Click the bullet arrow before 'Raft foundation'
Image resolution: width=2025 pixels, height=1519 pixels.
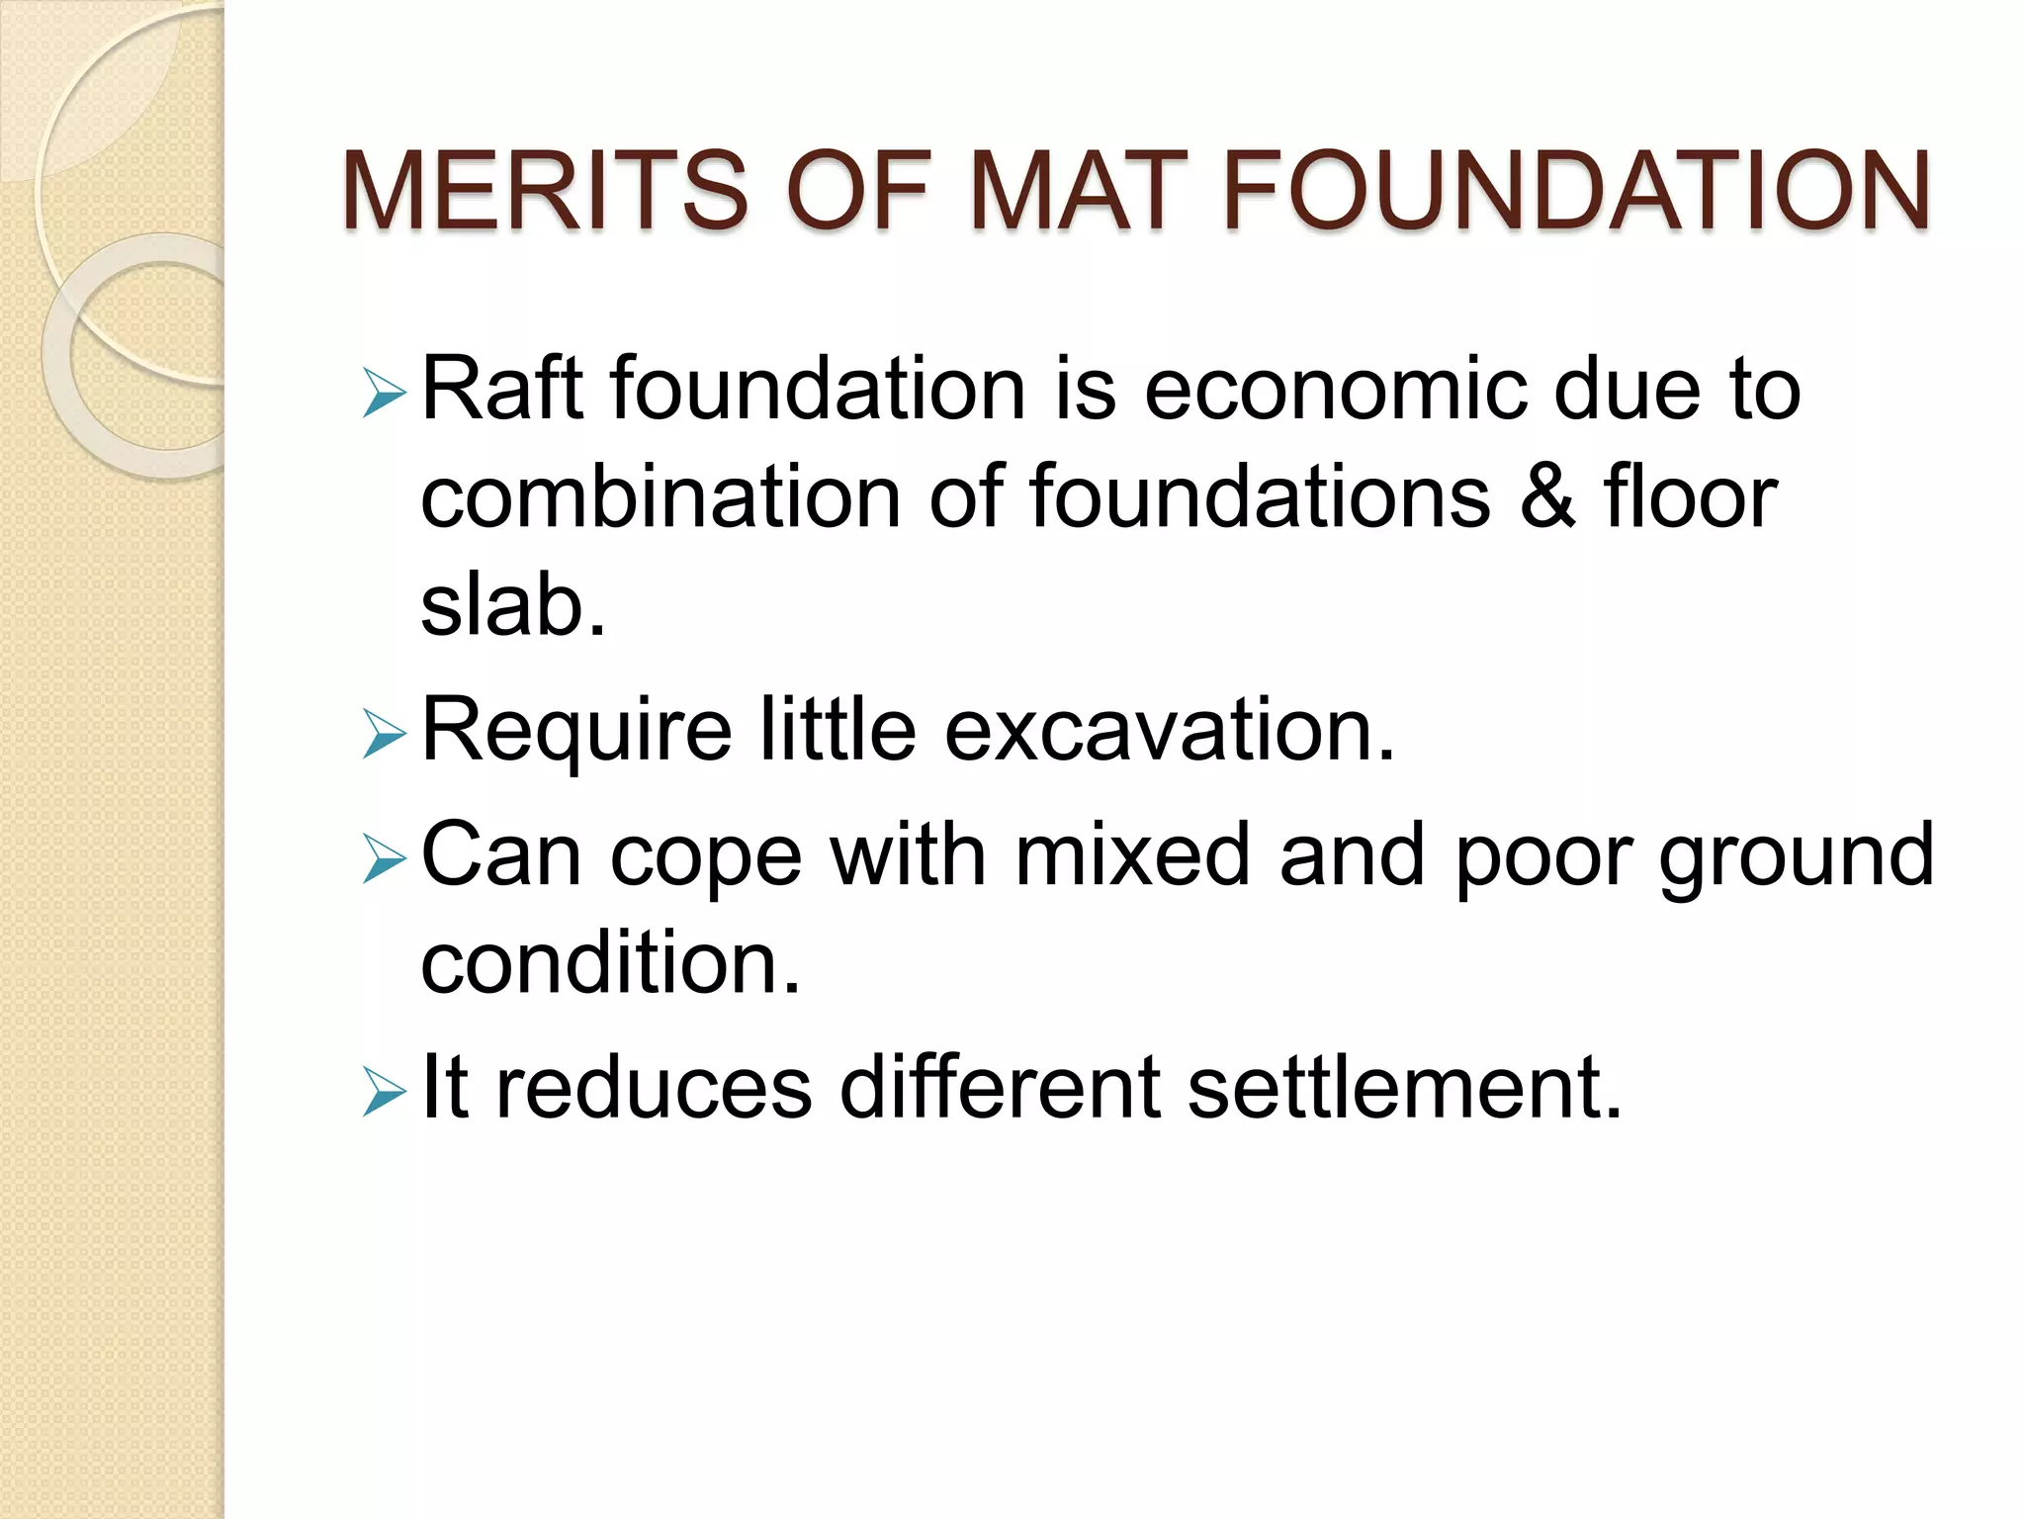(x=384, y=393)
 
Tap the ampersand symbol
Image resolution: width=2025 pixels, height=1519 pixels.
(x=1547, y=496)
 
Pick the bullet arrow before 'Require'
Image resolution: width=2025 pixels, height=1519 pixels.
(x=384, y=734)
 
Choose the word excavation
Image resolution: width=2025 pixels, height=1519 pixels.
(x=1170, y=730)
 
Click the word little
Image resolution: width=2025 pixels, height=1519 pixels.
(x=838, y=730)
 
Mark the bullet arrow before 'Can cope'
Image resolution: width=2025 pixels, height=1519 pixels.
(x=384, y=858)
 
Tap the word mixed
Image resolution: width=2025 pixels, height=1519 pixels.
(x=1133, y=854)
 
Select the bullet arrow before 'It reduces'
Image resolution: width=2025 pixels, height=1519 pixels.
(x=384, y=1092)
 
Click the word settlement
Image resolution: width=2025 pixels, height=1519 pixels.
(x=1404, y=1088)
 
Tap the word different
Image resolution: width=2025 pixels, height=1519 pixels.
(x=1001, y=1088)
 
